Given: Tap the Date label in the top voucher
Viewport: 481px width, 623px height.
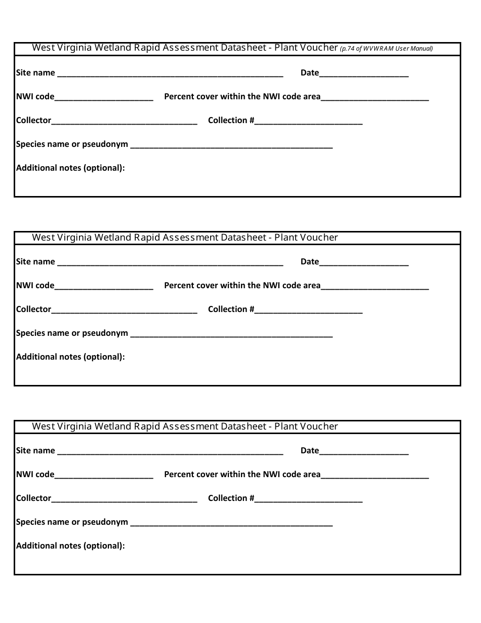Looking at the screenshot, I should (x=309, y=73).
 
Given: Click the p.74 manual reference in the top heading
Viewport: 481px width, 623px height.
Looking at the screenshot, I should (x=386, y=49).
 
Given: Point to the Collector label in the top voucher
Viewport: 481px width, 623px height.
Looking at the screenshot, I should (x=33, y=121).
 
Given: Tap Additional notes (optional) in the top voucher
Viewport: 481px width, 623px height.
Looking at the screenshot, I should (x=70, y=168).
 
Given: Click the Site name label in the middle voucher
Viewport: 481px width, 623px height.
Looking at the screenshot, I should (x=35, y=262).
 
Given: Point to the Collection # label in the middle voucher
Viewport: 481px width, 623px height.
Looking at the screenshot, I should (x=231, y=309).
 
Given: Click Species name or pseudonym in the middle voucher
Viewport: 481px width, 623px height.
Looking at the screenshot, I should (x=72, y=333).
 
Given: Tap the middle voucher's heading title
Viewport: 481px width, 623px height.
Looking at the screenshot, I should (x=185, y=238).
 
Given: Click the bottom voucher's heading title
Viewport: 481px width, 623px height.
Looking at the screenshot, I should (x=185, y=426).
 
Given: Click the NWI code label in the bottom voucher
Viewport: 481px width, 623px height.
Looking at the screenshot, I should (x=35, y=475).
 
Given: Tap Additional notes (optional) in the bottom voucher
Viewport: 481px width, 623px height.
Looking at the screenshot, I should (x=70, y=546).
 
